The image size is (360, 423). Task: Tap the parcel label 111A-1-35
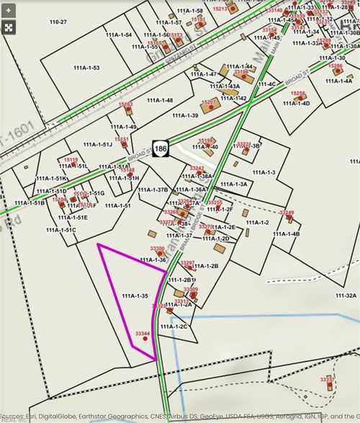point(135,296)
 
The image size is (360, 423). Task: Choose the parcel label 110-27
point(58,22)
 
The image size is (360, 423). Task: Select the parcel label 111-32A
point(346,295)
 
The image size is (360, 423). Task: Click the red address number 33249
point(287,213)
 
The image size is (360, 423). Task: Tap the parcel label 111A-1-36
point(152,259)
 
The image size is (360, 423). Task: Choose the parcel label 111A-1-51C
point(60,230)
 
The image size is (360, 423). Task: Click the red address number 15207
point(209,102)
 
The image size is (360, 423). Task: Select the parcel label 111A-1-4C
point(266,84)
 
